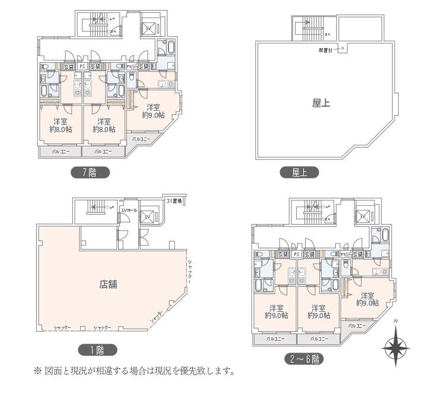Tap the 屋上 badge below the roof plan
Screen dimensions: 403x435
click(299, 172)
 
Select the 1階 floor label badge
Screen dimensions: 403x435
click(98, 350)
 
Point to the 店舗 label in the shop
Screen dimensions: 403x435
click(108, 284)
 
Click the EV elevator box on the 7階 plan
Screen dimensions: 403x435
click(148, 28)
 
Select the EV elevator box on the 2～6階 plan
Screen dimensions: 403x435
click(363, 217)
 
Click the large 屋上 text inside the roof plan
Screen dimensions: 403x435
click(321, 103)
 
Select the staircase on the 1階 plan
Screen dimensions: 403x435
click(97, 207)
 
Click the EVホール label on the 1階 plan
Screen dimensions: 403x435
click(129, 210)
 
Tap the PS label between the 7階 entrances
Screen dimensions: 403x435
click(82, 66)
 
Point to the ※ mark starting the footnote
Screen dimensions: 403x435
click(37, 372)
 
